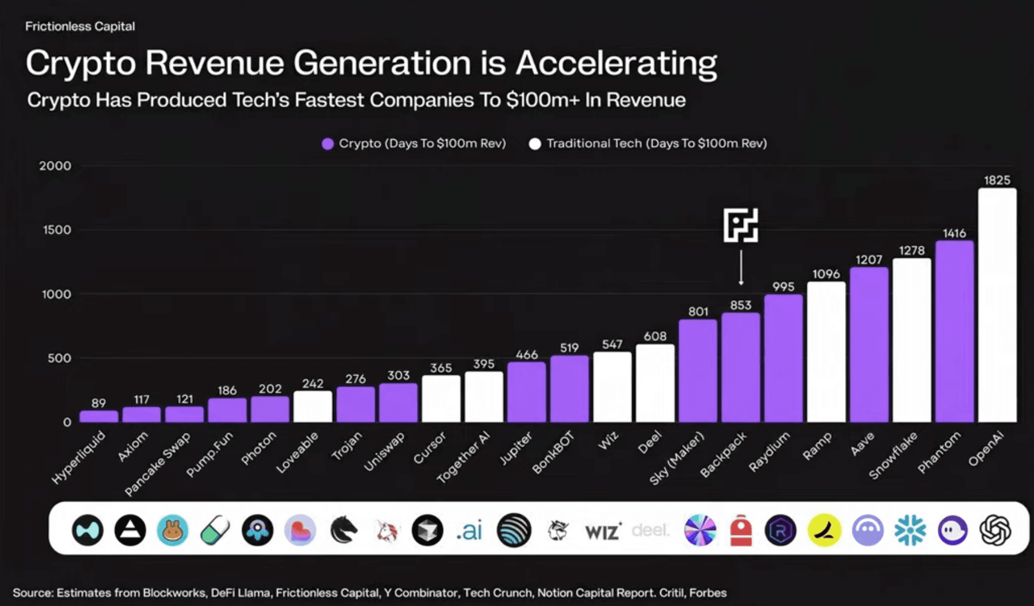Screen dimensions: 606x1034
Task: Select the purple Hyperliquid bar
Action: [98, 416]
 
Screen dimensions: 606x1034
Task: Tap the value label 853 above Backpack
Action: [740, 305]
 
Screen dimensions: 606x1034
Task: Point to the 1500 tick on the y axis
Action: [57, 230]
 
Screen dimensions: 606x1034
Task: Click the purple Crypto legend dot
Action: [327, 144]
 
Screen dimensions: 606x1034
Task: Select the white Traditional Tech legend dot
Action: [535, 144]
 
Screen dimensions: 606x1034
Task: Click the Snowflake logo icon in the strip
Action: [910, 530]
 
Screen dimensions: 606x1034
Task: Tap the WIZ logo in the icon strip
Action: [602, 532]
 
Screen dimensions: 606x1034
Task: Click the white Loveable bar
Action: [313, 407]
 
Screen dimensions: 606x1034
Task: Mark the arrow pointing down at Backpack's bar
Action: [741, 267]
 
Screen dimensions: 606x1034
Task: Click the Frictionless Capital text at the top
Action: [80, 26]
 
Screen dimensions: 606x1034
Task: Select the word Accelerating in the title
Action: [616, 63]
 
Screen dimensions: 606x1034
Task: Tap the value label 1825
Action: [997, 180]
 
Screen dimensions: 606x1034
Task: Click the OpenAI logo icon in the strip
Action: [995, 530]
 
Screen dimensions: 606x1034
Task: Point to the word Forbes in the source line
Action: [708, 593]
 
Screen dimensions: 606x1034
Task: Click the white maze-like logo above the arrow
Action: [741, 225]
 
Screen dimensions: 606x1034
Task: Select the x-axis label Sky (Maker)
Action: [677, 459]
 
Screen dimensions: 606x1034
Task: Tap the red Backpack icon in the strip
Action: [741, 530]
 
